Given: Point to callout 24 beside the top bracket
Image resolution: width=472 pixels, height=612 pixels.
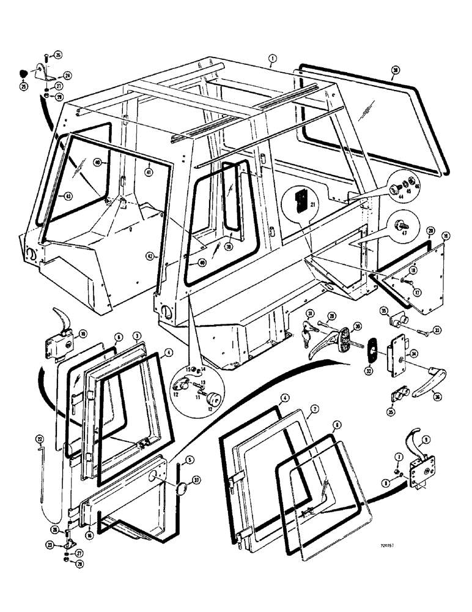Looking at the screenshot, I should click(x=67, y=76).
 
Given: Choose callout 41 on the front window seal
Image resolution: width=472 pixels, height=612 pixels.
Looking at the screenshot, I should click(x=148, y=173).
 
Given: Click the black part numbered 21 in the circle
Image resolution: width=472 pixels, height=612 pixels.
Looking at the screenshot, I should click(x=300, y=200).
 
